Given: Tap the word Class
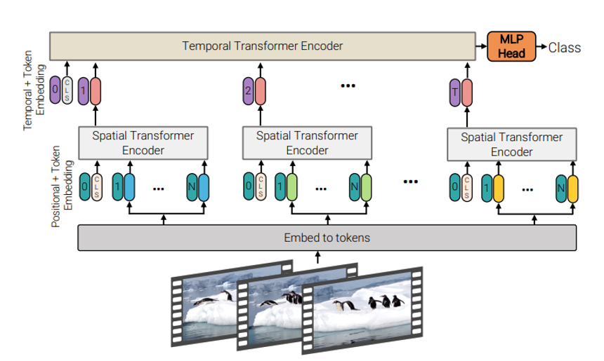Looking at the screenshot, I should [564, 47].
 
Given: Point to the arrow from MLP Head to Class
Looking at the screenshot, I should [541, 47].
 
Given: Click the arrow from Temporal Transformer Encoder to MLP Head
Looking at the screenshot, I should [485, 47].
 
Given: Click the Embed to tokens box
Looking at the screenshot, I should [327, 238].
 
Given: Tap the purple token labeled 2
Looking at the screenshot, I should [247, 91].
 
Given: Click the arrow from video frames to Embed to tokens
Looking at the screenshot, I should [317, 257].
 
